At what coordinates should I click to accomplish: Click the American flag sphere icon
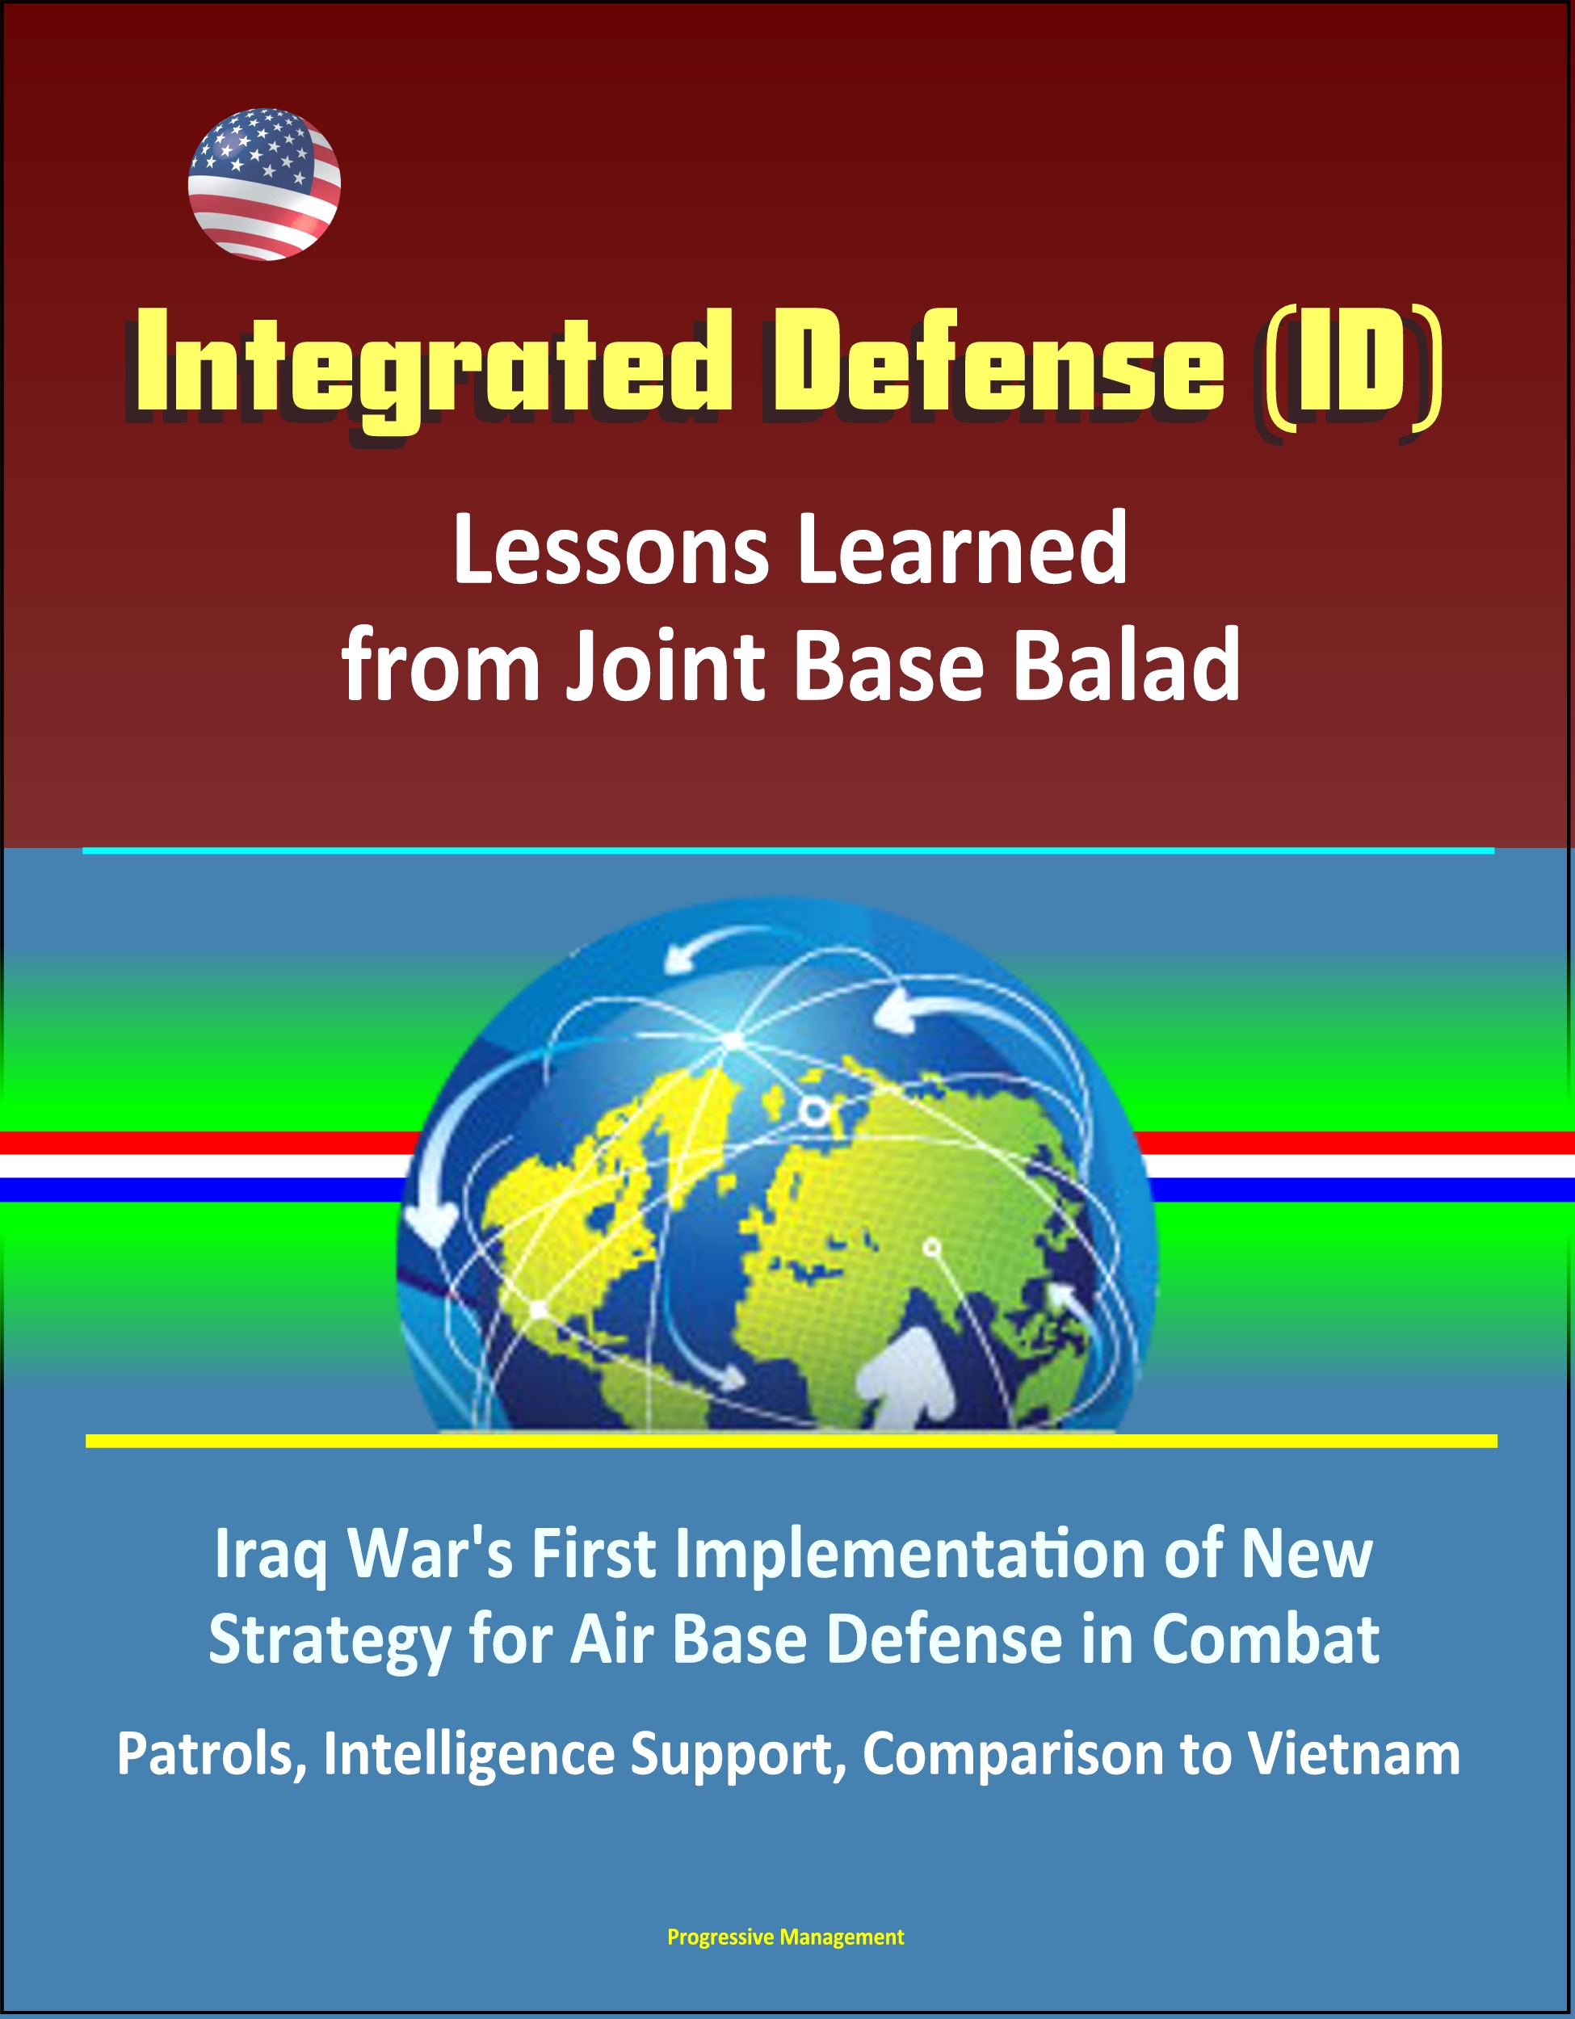pos(264,184)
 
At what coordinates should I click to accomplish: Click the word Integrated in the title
pos(430,369)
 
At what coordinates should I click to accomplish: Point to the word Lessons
pos(610,551)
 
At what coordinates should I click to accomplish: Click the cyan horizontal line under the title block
pos(788,850)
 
